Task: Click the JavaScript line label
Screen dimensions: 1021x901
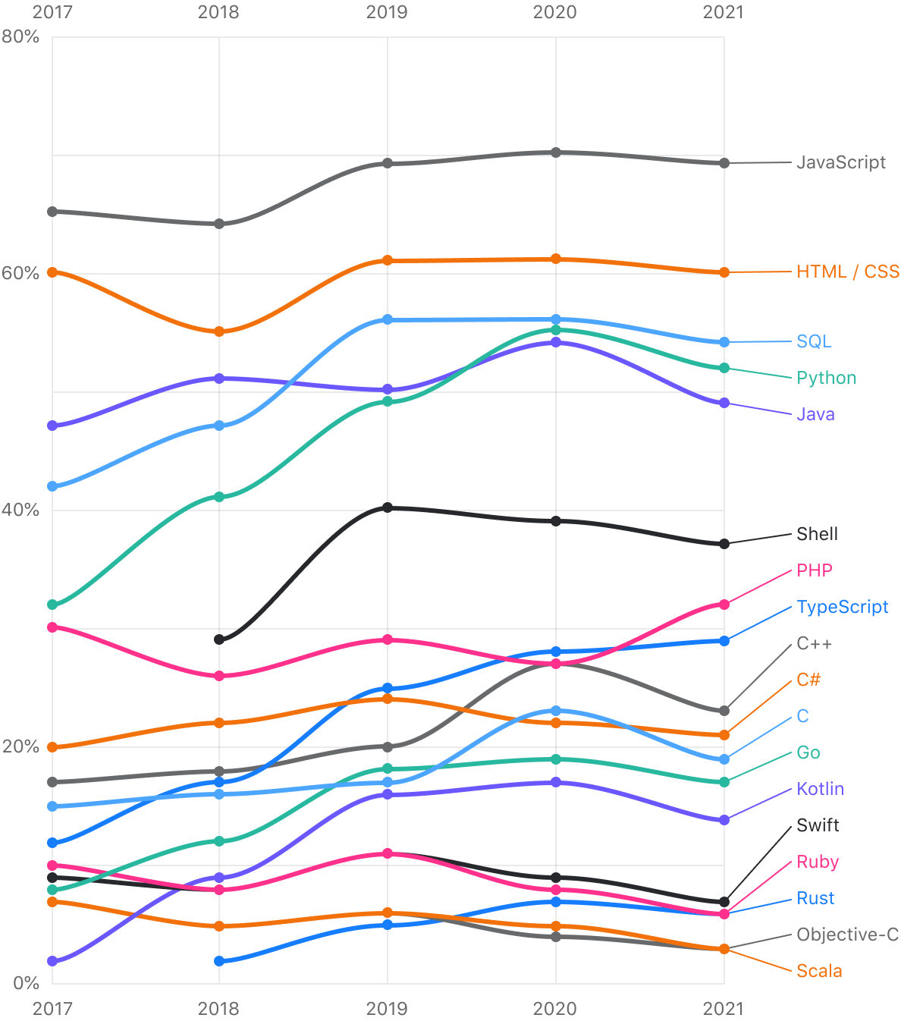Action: (x=840, y=162)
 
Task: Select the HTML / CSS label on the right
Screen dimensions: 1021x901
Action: (x=847, y=272)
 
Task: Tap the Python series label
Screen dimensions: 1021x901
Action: (x=826, y=378)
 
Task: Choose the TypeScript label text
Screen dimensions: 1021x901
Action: (x=842, y=607)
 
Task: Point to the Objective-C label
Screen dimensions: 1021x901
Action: (x=847, y=935)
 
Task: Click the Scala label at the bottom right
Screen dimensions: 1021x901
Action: (x=819, y=971)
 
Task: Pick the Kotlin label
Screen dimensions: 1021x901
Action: (x=820, y=789)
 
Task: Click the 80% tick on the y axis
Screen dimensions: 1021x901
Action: (x=20, y=36)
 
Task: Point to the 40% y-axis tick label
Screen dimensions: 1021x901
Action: (x=20, y=510)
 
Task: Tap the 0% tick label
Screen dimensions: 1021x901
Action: (x=26, y=983)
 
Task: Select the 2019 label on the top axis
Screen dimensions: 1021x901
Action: (x=387, y=12)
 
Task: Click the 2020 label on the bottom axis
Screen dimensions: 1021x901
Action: (x=555, y=1008)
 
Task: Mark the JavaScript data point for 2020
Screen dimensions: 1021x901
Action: (x=556, y=152)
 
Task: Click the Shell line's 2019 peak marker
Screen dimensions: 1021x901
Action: (x=388, y=507)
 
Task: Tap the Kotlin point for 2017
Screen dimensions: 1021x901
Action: (x=52, y=961)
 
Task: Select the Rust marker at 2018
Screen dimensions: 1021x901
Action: (x=219, y=961)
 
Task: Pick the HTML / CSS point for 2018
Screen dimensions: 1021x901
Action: (x=219, y=331)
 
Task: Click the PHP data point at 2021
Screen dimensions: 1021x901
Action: (x=724, y=605)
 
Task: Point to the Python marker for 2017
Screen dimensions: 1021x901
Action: (x=52, y=605)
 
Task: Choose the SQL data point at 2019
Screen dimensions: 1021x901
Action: (x=388, y=319)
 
